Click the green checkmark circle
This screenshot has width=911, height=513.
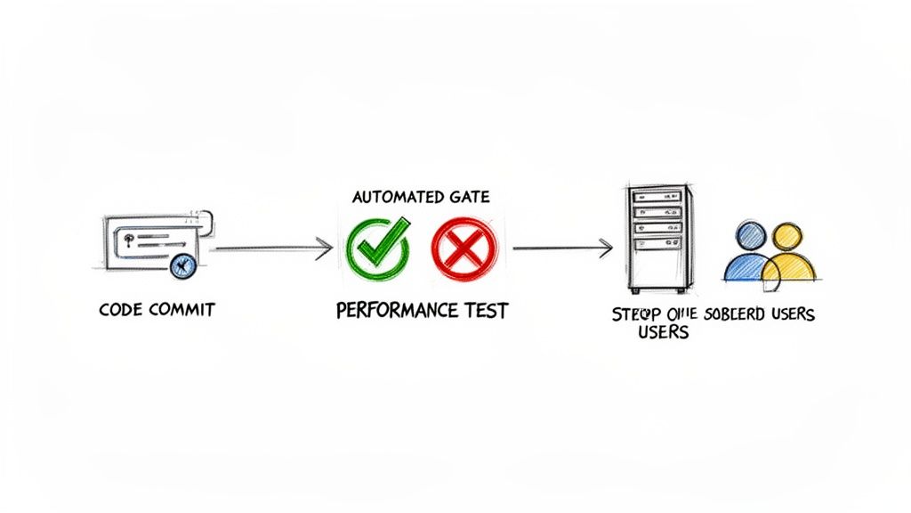(x=377, y=244)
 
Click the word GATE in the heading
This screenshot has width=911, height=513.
(x=466, y=196)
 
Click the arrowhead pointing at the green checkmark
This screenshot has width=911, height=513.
(x=326, y=248)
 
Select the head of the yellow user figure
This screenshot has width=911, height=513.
(x=786, y=237)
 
